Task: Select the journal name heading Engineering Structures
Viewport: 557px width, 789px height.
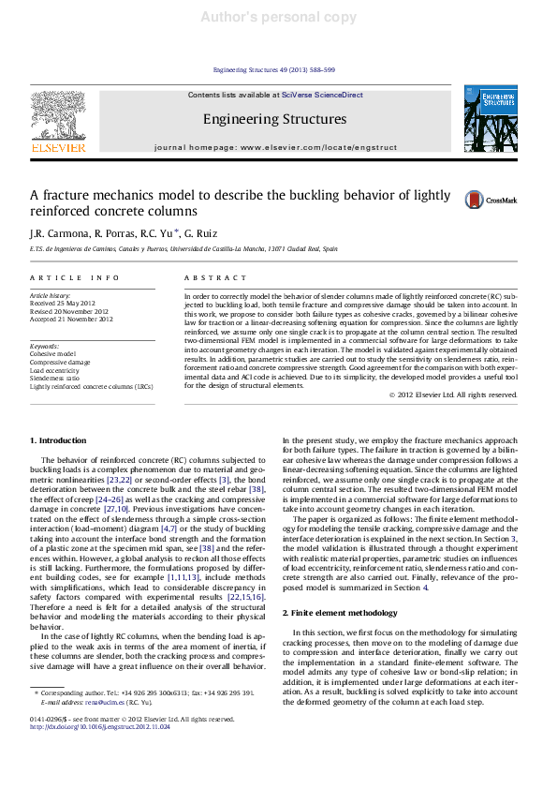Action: (274, 119)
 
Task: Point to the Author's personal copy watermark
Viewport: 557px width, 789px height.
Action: (278, 17)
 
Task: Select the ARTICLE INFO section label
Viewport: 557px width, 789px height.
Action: (75, 278)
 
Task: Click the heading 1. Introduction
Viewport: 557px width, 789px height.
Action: (58, 440)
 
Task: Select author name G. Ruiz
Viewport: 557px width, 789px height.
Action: (201, 232)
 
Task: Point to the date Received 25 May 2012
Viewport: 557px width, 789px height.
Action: (63, 304)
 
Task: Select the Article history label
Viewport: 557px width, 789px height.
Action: (51, 295)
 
